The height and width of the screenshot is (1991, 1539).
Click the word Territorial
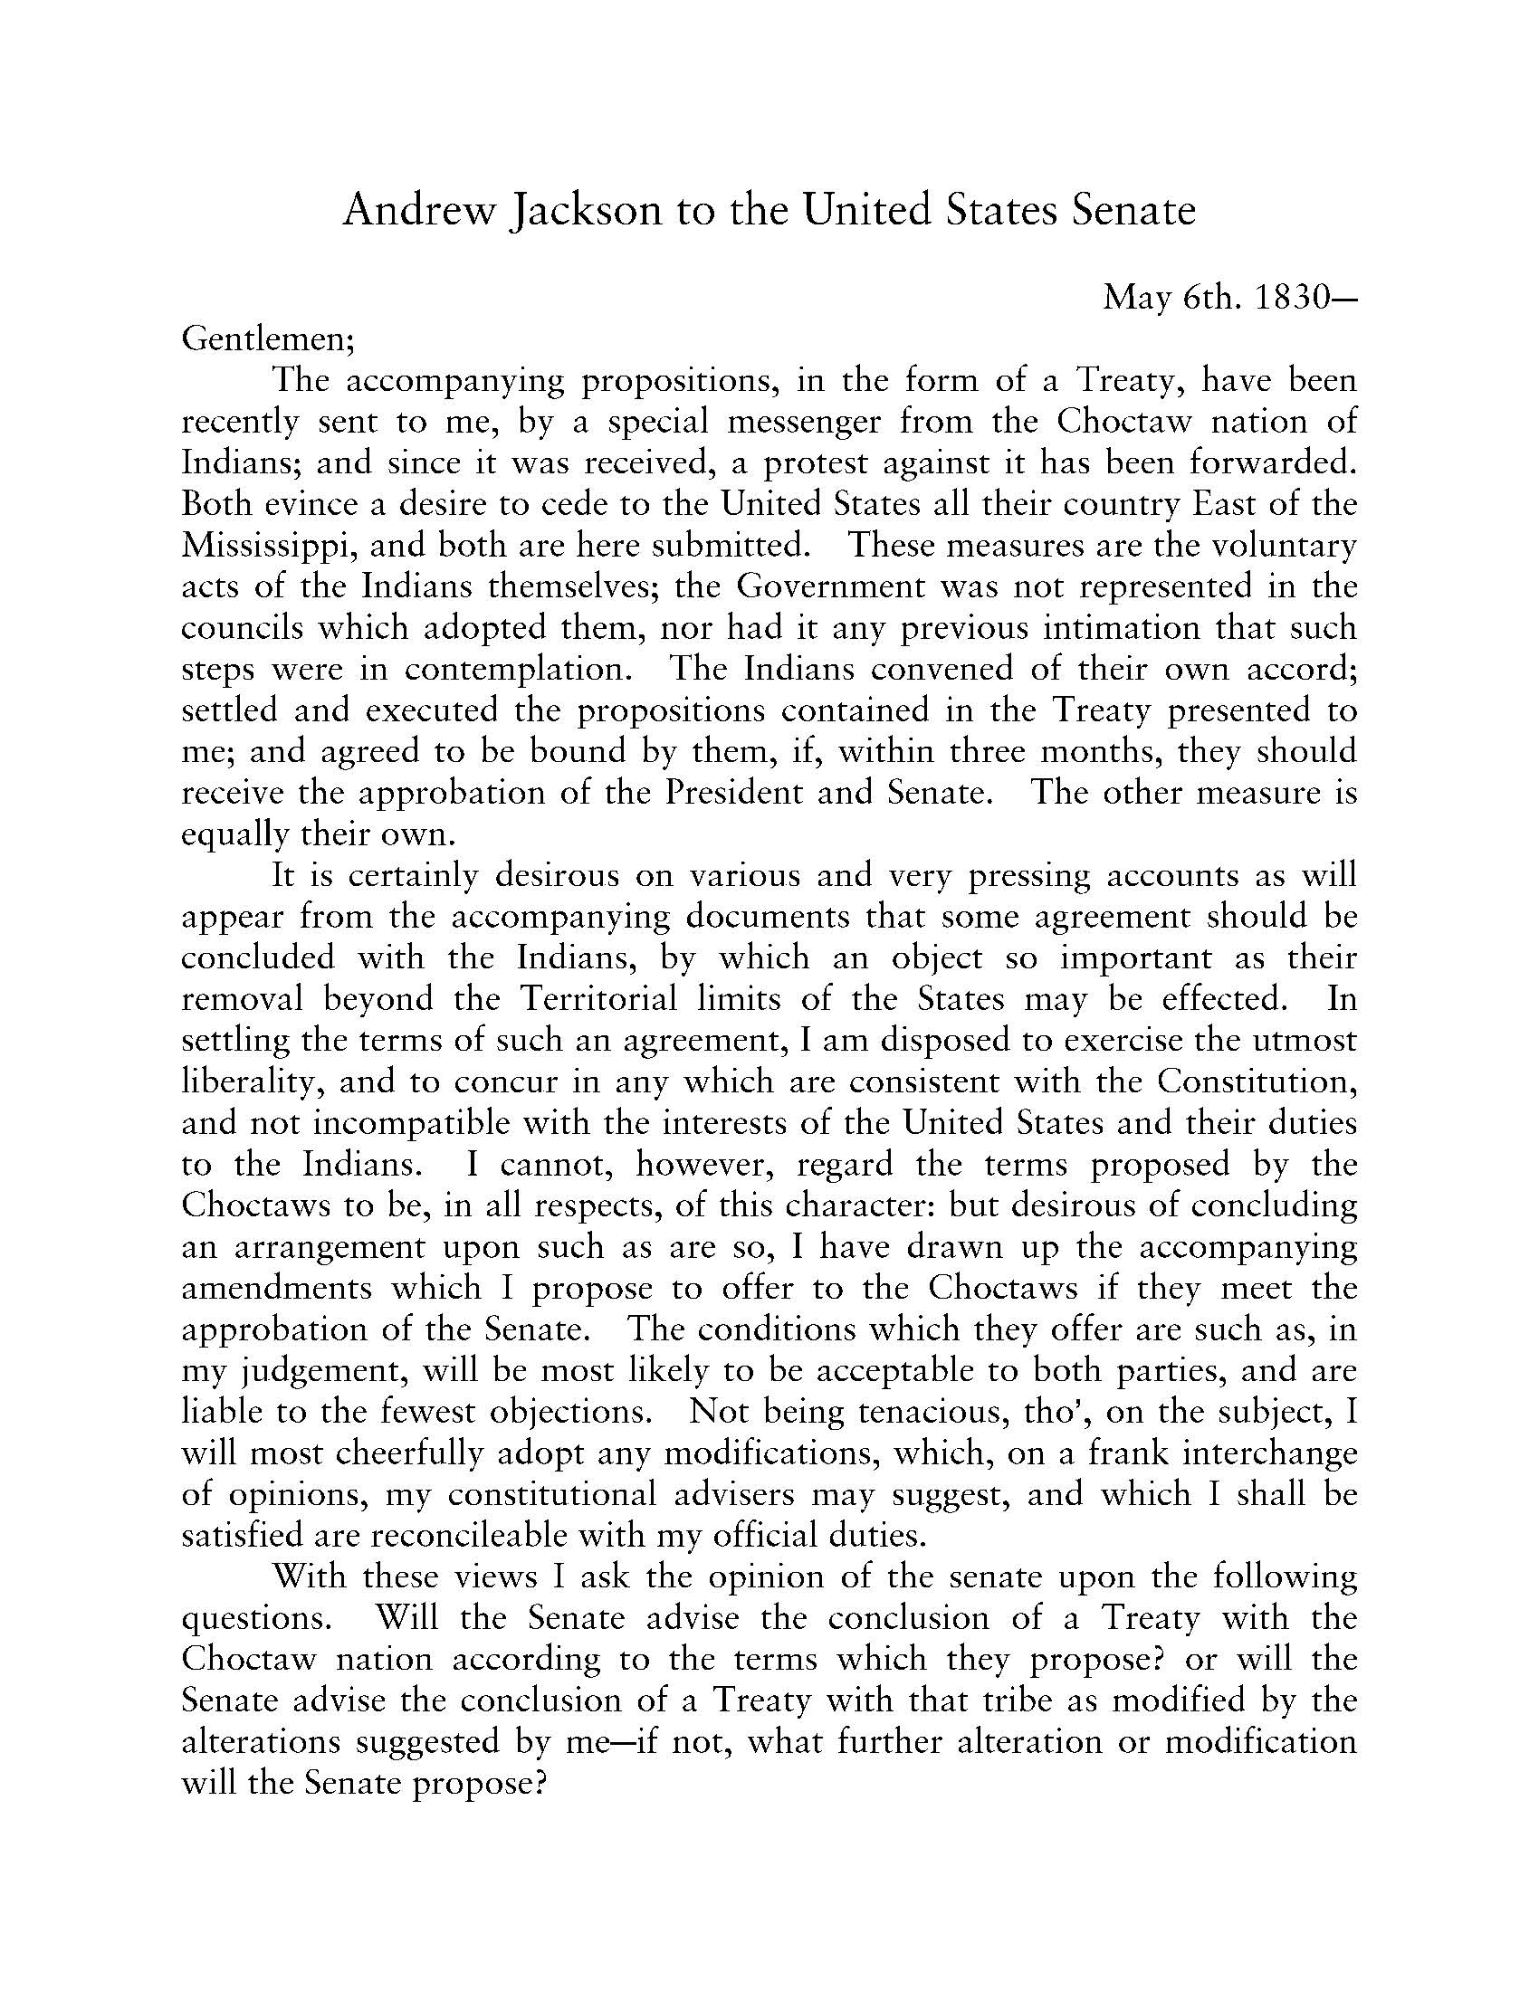click(599, 999)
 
